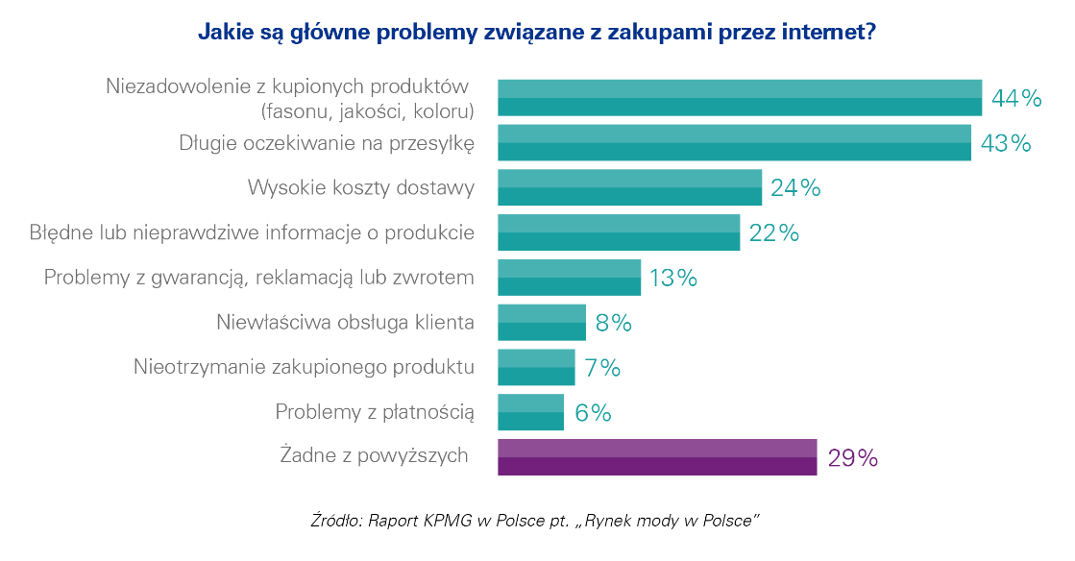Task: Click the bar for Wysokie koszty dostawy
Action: (x=629, y=187)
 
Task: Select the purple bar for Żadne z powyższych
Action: (x=656, y=457)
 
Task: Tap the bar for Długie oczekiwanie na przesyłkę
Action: (x=734, y=142)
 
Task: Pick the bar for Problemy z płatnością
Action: (x=530, y=412)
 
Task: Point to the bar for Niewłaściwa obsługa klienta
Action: (x=541, y=322)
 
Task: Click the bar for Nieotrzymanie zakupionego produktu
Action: (x=536, y=367)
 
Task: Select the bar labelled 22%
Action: (x=619, y=232)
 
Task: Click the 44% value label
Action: (x=1016, y=98)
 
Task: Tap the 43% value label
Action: (x=1005, y=143)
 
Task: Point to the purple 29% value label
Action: (x=852, y=458)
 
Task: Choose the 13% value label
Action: (x=672, y=279)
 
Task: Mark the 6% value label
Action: (x=593, y=413)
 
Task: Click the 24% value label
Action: (x=795, y=188)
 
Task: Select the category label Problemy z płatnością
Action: (x=375, y=412)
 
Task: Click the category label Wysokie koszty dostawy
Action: (x=361, y=187)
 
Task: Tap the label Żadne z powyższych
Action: (x=374, y=454)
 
